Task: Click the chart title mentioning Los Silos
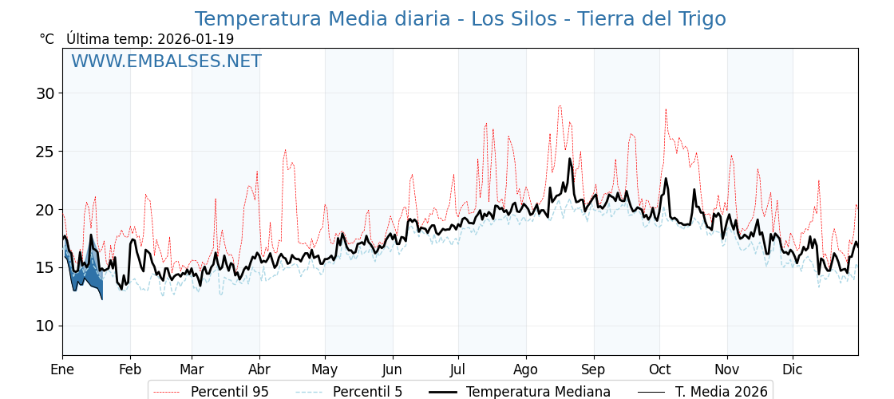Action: click(460, 19)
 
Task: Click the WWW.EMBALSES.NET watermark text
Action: click(166, 61)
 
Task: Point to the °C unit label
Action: click(47, 39)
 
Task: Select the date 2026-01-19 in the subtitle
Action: click(196, 39)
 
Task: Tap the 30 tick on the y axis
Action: click(45, 93)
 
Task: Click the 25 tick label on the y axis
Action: click(45, 152)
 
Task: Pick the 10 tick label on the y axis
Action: click(45, 326)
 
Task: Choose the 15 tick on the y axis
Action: click(45, 267)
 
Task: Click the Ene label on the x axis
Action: click(62, 369)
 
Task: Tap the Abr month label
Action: click(259, 369)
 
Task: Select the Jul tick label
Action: click(458, 369)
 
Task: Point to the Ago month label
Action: click(526, 369)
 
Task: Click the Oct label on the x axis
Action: click(659, 369)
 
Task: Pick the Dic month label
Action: click(793, 369)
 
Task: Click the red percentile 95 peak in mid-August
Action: click(560, 106)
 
